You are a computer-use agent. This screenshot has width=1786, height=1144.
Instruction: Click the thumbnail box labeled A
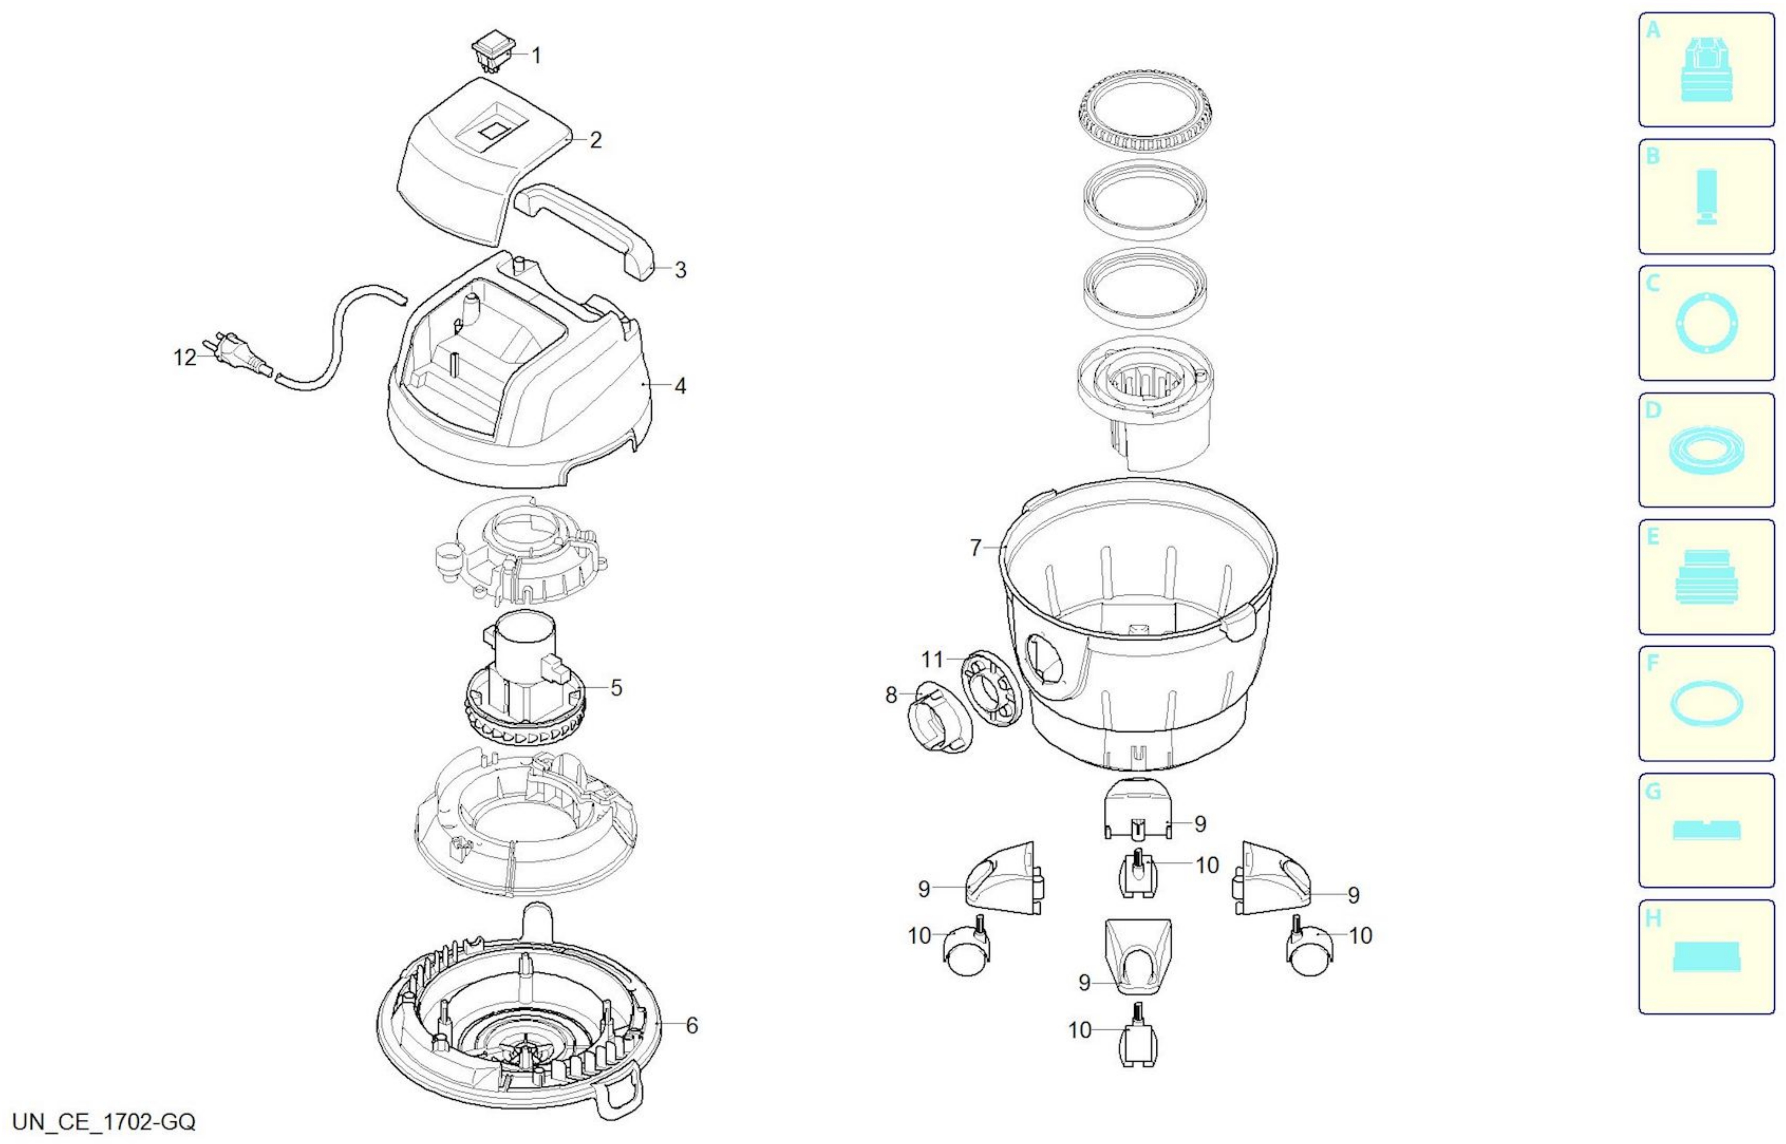[x=1707, y=70]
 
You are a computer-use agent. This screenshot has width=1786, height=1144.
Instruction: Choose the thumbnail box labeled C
[x=1707, y=323]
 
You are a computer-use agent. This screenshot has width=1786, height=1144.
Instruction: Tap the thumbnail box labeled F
[x=1707, y=704]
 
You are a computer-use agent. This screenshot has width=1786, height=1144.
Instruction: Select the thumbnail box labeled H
[x=1707, y=957]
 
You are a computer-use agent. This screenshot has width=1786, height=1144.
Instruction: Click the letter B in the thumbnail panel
[x=1653, y=156]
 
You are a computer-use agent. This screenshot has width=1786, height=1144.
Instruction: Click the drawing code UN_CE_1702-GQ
[x=104, y=1122]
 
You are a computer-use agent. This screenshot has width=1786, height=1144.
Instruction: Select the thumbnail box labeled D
[x=1707, y=450]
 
